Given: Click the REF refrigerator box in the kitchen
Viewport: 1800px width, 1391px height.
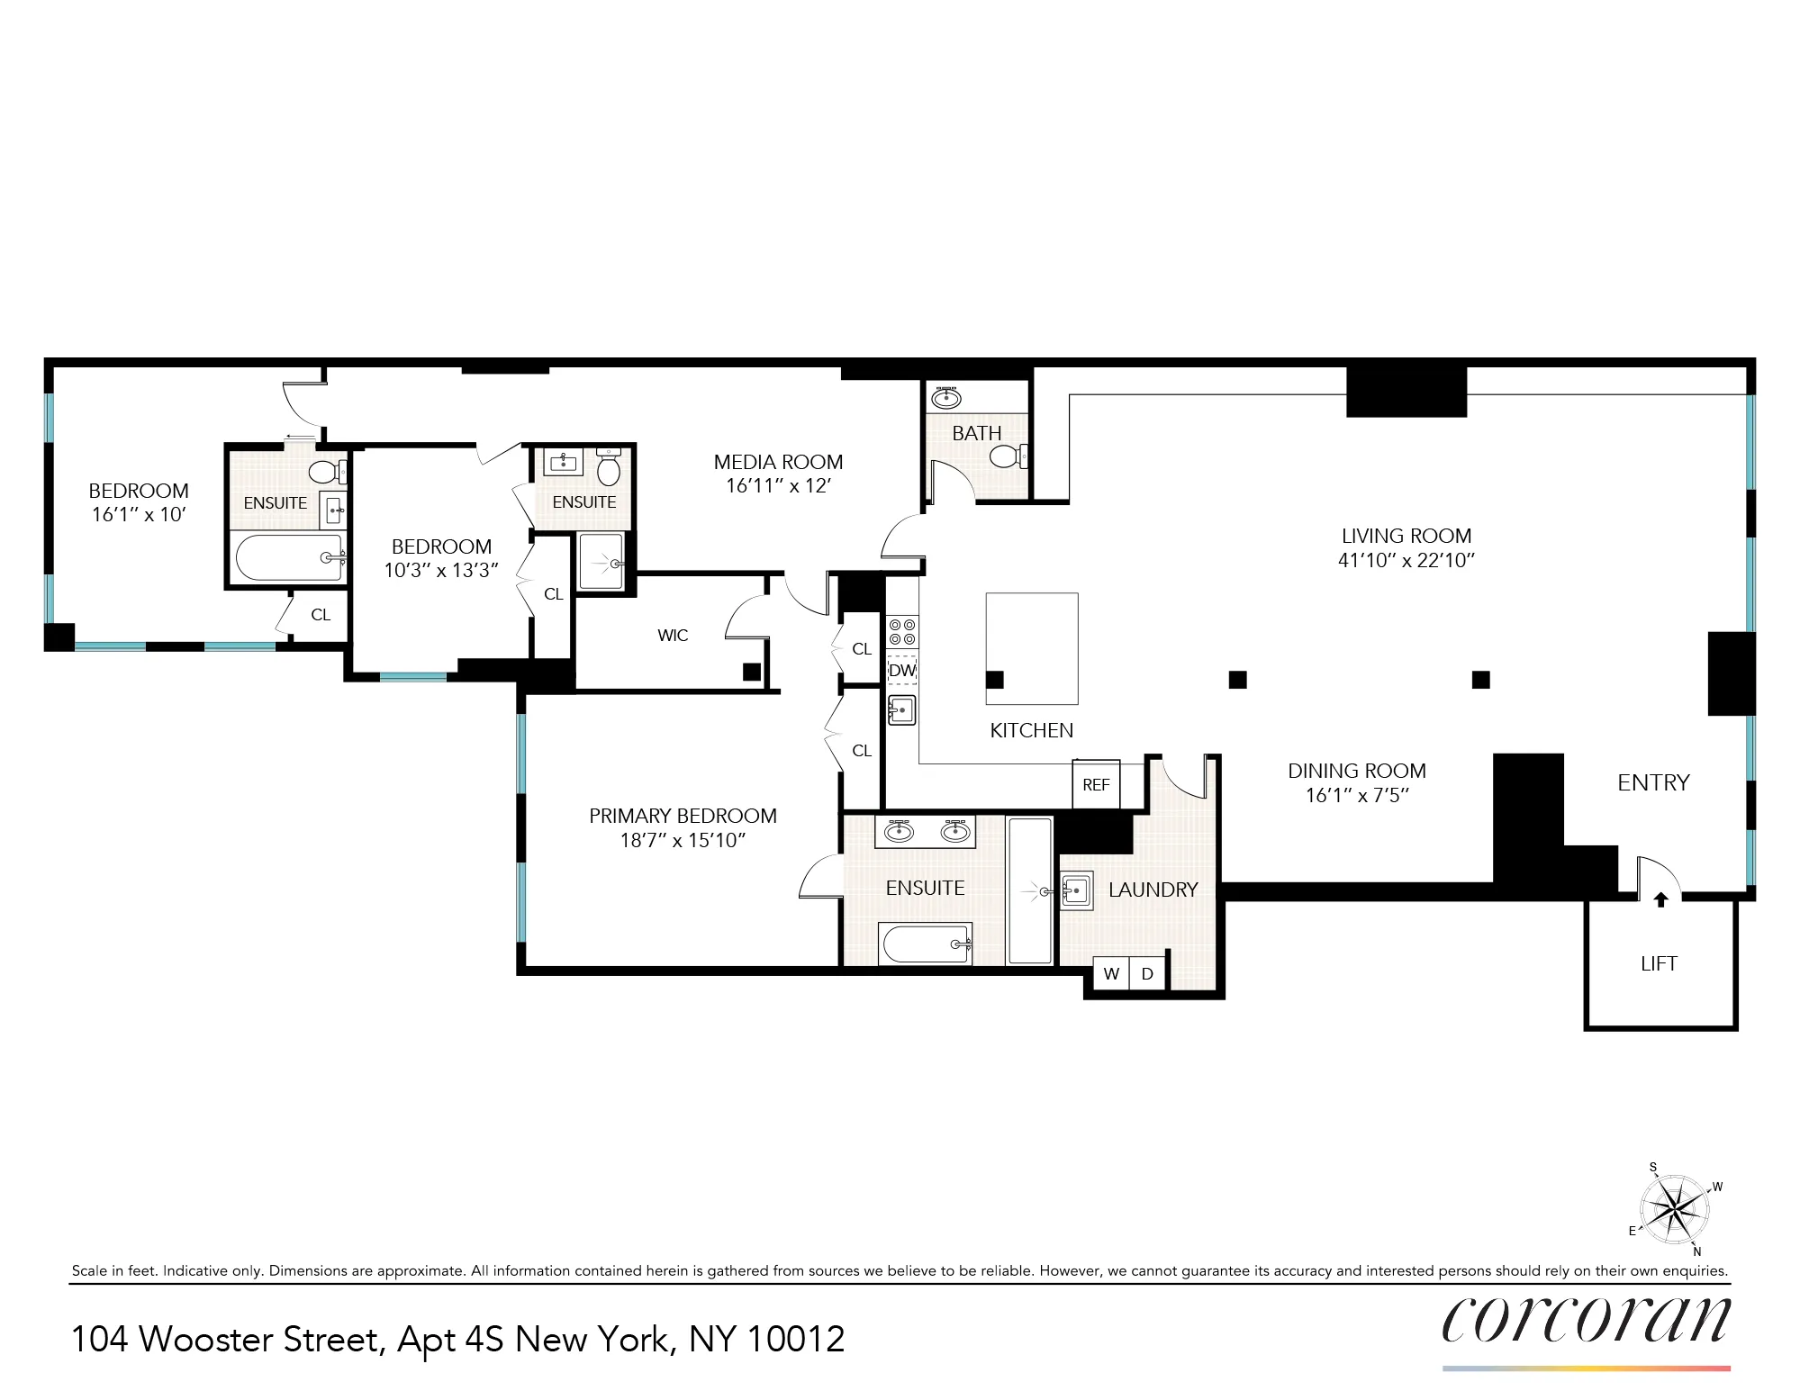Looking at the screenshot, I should (1096, 784).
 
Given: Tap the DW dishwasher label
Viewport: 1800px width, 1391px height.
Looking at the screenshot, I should (902, 670).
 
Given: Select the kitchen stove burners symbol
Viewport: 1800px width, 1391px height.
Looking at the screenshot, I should (902, 632).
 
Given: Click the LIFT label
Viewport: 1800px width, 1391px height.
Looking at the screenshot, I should (1659, 963).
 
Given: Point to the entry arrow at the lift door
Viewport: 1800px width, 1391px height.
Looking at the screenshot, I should (1661, 899).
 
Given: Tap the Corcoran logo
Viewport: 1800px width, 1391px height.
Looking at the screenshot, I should (1586, 1321).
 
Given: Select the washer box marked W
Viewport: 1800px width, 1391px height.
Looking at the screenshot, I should (1111, 973).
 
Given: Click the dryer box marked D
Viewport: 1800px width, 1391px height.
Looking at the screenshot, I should (1147, 973).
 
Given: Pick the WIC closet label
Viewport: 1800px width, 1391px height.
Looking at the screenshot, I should (673, 636).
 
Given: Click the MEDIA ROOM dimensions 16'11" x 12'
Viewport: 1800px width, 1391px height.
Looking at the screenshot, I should (778, 486).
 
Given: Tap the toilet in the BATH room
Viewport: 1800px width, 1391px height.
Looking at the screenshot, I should (1008, 456).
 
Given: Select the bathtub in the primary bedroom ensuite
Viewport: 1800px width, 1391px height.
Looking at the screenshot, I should (926, 944).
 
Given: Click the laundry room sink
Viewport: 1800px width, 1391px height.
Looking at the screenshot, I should (1076, 891).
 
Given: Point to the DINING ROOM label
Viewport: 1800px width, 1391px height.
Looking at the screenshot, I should (1356, 771).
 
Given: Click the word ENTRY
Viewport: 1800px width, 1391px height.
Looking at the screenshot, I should (1653, 782).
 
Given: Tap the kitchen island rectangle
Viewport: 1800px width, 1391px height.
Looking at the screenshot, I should (1032, 647).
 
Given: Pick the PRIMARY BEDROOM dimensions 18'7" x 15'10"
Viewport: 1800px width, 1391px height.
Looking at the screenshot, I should (683, 840).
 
